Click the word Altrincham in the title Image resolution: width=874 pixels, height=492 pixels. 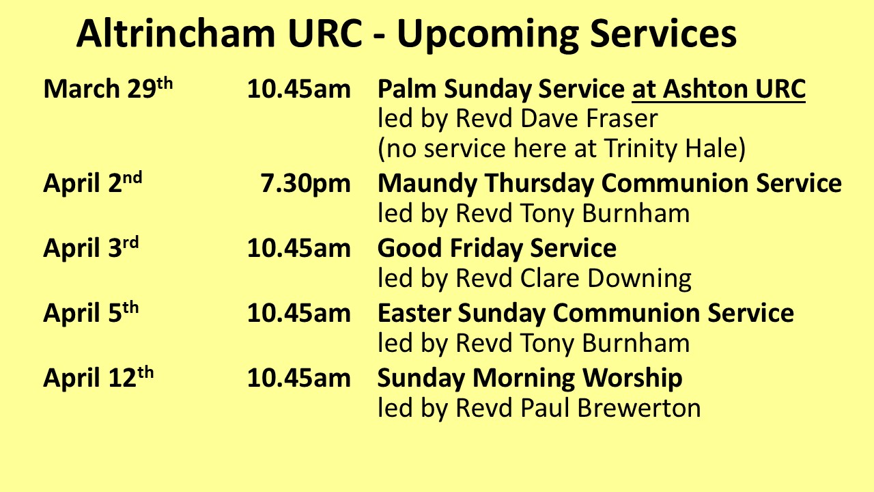pyautogui.click(x=176, y=33)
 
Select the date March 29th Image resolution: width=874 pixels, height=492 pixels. pyautogui.click(x=108, y=87)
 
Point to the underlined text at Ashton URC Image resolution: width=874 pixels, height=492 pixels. pyautogui.click(x=719, y=89)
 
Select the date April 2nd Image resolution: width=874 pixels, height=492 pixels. pyautogui.click(x=92, y=182)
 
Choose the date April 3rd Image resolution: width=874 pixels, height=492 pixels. pyautogui.click(x=91, y=247)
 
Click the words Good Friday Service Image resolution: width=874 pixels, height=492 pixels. pyautogui.click(x=496, y=248)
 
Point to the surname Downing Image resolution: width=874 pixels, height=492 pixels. pyautogui.click(x=639, y=279)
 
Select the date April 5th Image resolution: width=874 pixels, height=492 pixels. pyautogui.click(x=91, y=312)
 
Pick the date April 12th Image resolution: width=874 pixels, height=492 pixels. pyautogui.click(x=98, y=377)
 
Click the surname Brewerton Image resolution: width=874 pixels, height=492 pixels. pyautogui.click(x=639, y=408)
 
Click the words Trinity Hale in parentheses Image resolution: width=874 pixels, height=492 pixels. pyautogui.click(x=671, y=149)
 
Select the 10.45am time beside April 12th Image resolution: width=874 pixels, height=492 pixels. pyautogui.click(x=299, y=378)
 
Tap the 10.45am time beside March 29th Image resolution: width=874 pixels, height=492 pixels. pyautogui.click(x=299, y=89)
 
